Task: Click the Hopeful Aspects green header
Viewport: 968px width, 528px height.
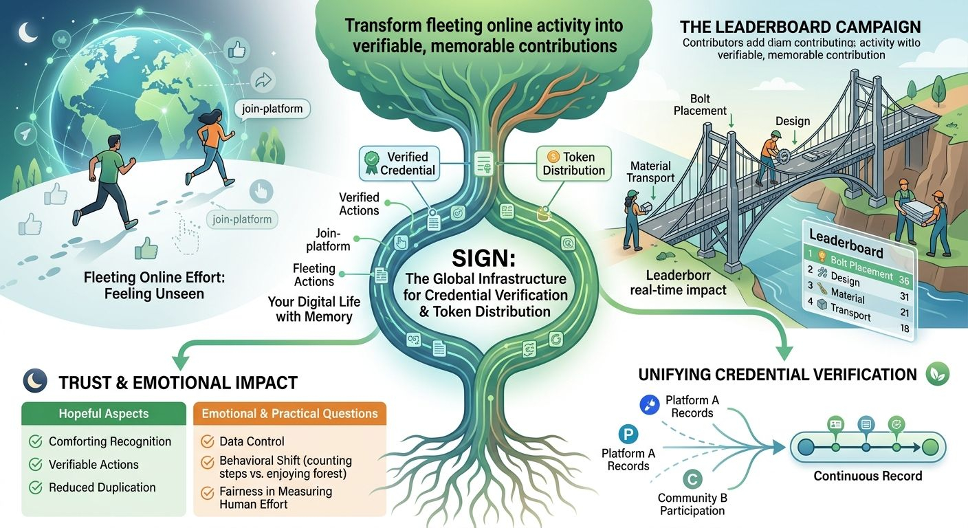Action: tap(104, 414)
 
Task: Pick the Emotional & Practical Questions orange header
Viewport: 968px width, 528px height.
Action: tap(289, 414)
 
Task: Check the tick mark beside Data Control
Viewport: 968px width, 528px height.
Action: tap(206, 442)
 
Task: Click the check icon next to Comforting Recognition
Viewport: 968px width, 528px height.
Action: tap(36, 442)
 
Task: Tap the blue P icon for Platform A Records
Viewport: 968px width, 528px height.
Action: tap(628, 434)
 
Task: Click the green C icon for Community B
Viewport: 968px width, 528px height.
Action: tap(692, 478)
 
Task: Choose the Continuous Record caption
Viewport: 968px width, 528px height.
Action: tap(868, 476)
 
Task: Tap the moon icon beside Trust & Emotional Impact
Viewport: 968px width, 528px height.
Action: tap(35, 380)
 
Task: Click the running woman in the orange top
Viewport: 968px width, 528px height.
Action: tap(210, 146)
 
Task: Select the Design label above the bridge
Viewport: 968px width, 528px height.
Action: tap(792, 122)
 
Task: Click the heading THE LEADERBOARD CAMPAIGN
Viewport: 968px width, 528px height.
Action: tap(800, 27)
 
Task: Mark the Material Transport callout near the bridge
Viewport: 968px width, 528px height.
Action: tap(650, 173)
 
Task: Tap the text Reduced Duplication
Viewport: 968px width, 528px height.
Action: tap(102, 487)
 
